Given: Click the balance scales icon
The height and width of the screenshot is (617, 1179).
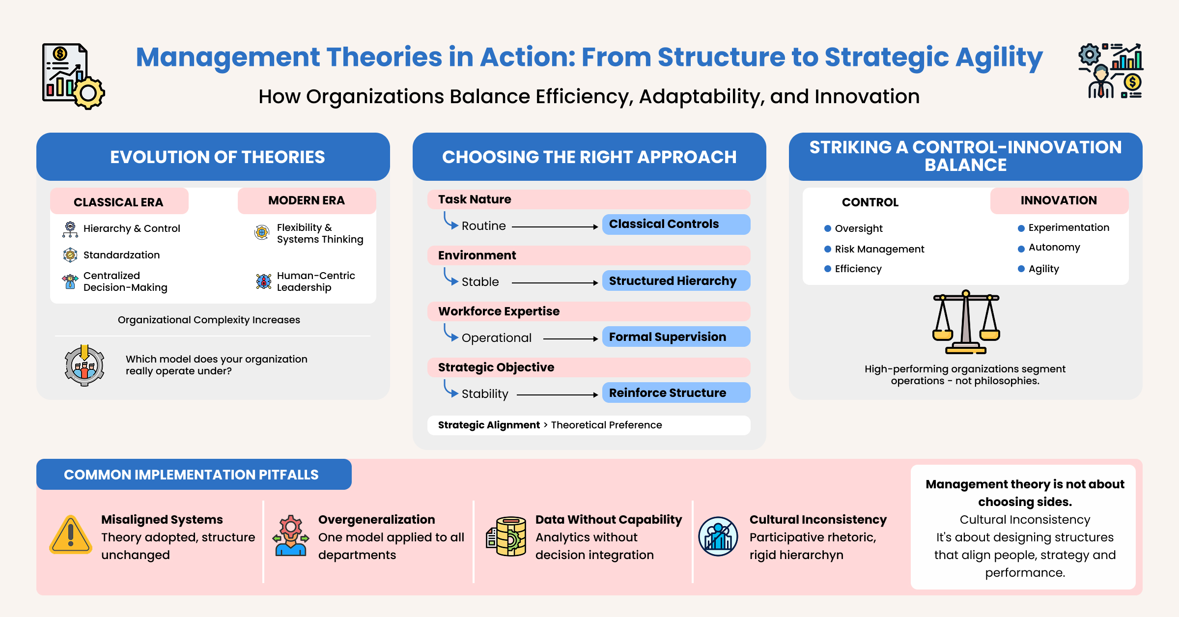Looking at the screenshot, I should pyautogui.click(x=966, y=322).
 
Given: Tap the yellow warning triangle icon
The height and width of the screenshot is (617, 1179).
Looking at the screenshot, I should pyautogui.click(x=71, y=535).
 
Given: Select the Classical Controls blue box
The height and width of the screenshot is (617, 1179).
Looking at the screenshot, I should pyautogui.click(x=675, y=224).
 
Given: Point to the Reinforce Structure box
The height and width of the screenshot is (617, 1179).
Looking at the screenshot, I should pyautogui.click(x=675, y=393).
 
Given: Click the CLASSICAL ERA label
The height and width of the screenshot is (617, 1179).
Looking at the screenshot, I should pyautogui.click(x=119, y=202).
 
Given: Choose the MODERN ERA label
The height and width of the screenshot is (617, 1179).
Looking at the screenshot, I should pyautogui.click(x=307, y=200).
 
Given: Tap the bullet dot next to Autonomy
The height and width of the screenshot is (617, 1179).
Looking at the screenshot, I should pyautogui.click(x=1021, y=249).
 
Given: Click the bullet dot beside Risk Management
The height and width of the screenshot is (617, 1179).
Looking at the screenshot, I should pyautogui.click(x=828, y=249).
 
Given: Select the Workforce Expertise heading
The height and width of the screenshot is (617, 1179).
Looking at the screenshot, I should pyautogui.click(x=499, y=311).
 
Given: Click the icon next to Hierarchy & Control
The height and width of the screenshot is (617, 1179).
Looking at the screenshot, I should pyautogui.click(x=70, y=229).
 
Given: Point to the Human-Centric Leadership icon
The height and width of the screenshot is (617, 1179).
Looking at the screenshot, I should pyautogui.click(x=264, y=281).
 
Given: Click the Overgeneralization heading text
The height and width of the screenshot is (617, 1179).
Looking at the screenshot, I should pyautogui.click(x=376, y=520).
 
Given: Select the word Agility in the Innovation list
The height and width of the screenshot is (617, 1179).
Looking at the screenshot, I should pyautogui.click(x=1043, y=269).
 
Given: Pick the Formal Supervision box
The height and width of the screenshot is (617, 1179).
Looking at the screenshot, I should pyautogui.click(x=675, y=337).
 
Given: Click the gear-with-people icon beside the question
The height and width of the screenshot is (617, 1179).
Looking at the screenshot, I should pyautogui.click(x=84, y=365).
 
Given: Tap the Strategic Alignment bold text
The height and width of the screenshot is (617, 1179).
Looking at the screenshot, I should pyautogui.click(x=488, y=425).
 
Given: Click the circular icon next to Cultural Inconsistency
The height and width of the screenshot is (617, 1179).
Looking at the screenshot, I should pyautogui.click(x=718, y=536).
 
